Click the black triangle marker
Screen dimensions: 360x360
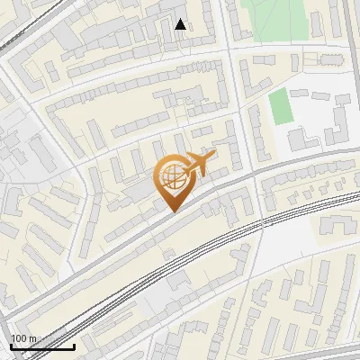(181, 24)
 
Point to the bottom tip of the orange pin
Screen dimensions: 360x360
(172, 211)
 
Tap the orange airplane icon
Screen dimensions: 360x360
(197, 165)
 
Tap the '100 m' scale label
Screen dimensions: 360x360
(23, 338)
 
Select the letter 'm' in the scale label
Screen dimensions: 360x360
(32, 338)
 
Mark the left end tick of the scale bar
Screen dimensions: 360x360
(11, 345)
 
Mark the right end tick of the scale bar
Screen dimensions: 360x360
(75, 345)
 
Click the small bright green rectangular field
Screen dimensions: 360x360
(282, 107)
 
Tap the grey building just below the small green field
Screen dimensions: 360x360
(299, 139)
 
